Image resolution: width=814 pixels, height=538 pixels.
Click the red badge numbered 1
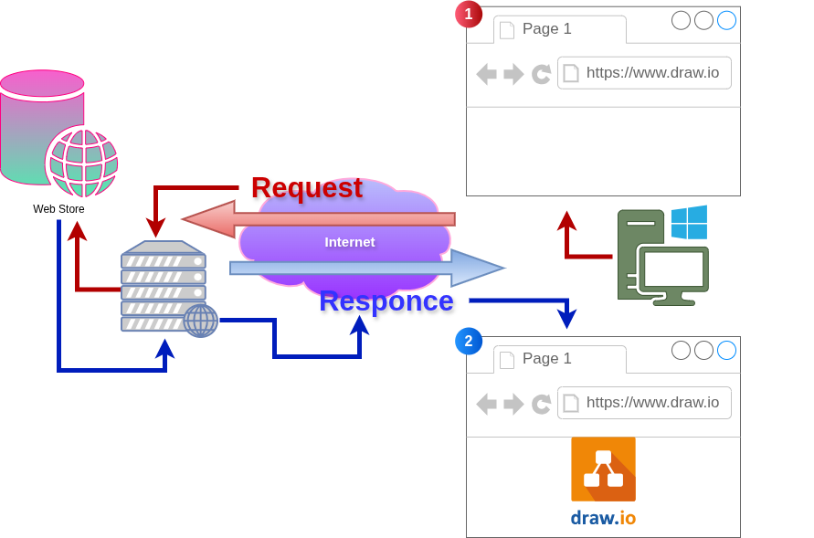pos(469,14)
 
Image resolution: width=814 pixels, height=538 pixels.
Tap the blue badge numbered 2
pos(469,342)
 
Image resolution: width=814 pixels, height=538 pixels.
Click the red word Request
pos(306,187)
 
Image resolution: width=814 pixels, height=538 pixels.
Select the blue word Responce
pos(386,301)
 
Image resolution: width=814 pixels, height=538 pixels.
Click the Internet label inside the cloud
pos(350,242)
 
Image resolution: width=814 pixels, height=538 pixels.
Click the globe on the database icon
pos(82,162)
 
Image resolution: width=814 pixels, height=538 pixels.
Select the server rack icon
pos(163,285)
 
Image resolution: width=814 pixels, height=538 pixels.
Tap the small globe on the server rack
pos(201,321)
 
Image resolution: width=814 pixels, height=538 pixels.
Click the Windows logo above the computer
pos(689,222)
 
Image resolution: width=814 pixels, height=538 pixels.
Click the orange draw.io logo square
pos(603,469)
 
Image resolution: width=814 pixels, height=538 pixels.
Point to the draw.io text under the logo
pos(603,518)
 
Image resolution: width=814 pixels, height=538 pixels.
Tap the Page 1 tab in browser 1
pos(559,29)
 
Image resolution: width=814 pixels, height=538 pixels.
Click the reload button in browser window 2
pos(542,404)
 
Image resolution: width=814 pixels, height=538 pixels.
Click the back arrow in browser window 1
pos(486,74)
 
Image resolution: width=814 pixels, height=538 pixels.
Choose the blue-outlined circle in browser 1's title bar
pos(726,20)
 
